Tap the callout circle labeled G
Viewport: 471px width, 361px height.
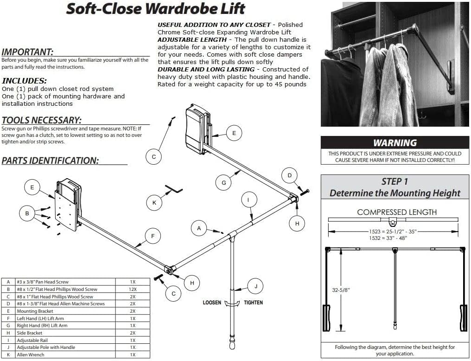[x=223, y=182]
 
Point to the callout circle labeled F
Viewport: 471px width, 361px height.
[x=153, y=236]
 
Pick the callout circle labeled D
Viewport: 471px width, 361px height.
[x=290, y=175]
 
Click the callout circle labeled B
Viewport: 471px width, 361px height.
[x=28, y=213]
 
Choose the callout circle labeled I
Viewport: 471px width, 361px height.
[x=248, y=200]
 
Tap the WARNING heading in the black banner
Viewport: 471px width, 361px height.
[x=395, y=143]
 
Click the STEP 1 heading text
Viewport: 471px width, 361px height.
[x=395, y=181]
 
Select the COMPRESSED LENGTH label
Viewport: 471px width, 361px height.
[x=397, y=212]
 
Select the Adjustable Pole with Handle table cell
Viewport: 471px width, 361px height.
[x=46, y=347]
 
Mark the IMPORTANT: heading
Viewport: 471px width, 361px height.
[x=27, y=52]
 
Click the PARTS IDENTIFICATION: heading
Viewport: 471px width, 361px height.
[x=50, y=161]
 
